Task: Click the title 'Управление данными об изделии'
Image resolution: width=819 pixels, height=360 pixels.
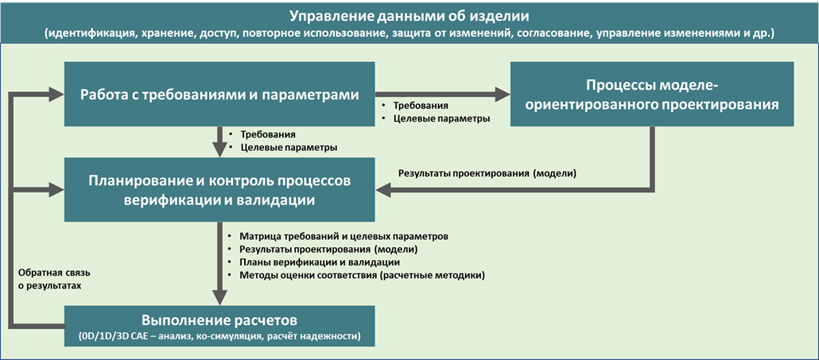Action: point(409,16)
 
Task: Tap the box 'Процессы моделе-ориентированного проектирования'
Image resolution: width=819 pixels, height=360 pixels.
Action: point(652,94)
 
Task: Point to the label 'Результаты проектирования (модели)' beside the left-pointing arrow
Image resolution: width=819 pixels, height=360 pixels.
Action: point(487,173)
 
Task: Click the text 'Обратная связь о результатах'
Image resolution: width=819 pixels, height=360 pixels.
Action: point(50,277)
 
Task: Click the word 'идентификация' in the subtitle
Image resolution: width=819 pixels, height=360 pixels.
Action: point(90,34)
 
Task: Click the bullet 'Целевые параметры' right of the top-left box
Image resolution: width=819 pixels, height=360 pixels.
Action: point(441,118)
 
